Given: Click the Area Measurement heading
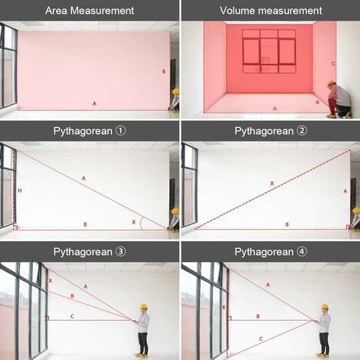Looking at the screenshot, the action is coord(90,11).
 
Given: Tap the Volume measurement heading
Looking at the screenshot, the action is coord(271,11).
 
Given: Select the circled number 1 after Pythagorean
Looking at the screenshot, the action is coord(121,131).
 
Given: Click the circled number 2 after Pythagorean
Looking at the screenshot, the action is coord(302,131).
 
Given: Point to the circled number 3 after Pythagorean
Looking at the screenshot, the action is coord(121,252).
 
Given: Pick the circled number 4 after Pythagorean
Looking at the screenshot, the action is coord(302,252).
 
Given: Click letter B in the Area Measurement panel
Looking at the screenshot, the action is coord(164,71).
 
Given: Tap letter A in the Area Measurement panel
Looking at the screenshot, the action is coord(94,103).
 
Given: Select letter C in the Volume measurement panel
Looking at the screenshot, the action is coord(333,64).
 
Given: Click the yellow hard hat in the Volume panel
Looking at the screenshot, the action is coord(332,83).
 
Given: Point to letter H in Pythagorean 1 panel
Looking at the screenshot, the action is coord(20,191).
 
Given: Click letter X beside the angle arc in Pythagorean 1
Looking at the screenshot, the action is coord(133,222).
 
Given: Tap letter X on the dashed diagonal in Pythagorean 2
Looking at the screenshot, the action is coord(272,183).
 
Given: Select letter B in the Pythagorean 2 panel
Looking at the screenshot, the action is coord(287,224).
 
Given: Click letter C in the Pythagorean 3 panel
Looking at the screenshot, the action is coord(72,316).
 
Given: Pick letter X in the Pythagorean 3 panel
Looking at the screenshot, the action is coord(51,280).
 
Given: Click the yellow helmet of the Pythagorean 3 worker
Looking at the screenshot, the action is coord(143,306).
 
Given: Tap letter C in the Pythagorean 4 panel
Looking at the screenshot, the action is coord(261,339).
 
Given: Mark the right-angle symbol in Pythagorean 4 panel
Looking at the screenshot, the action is coord(229,318).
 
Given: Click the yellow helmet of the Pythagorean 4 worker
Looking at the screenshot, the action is coord(325,306).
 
